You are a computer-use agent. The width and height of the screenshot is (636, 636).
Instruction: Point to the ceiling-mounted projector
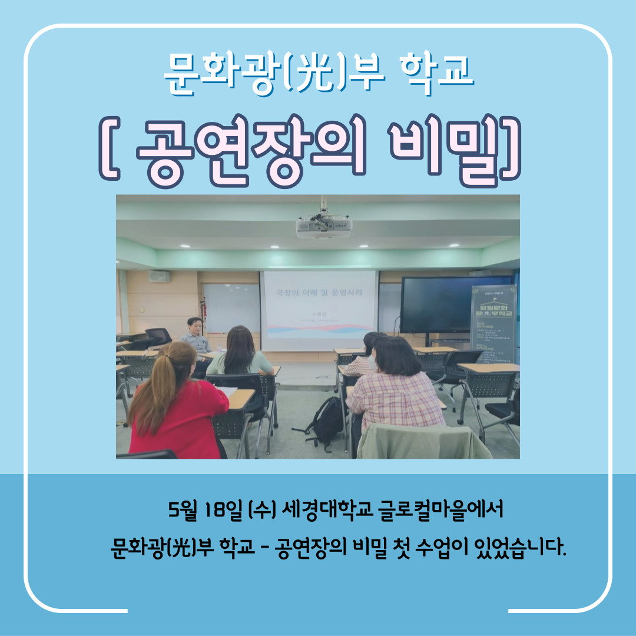pyautogui.click(x=323, y=226)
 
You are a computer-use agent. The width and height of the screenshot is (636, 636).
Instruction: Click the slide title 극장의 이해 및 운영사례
pyautogui.click(x=319, y=291)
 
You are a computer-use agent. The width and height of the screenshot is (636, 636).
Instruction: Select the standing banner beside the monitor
pyautogui.click(x=493, y=324)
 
